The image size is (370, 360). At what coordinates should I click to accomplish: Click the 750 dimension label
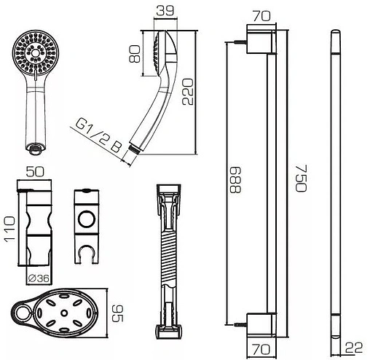[x=302, y=178]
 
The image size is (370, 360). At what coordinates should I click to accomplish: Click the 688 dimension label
[x=235, y=180]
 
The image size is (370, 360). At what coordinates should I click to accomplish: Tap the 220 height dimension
[x=188, y=92]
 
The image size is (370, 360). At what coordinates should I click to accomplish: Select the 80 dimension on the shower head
[x=135, y=54]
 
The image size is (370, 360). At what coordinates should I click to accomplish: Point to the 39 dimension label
[x=165, y=11]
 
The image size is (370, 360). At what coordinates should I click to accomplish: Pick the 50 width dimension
[x=35, y=171]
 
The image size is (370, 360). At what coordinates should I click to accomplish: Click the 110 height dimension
[x=9, y=229]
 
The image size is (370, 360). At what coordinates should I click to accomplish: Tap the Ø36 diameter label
[x=39, y=278]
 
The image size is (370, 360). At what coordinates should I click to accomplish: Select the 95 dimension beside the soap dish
[x=117, y=313]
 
